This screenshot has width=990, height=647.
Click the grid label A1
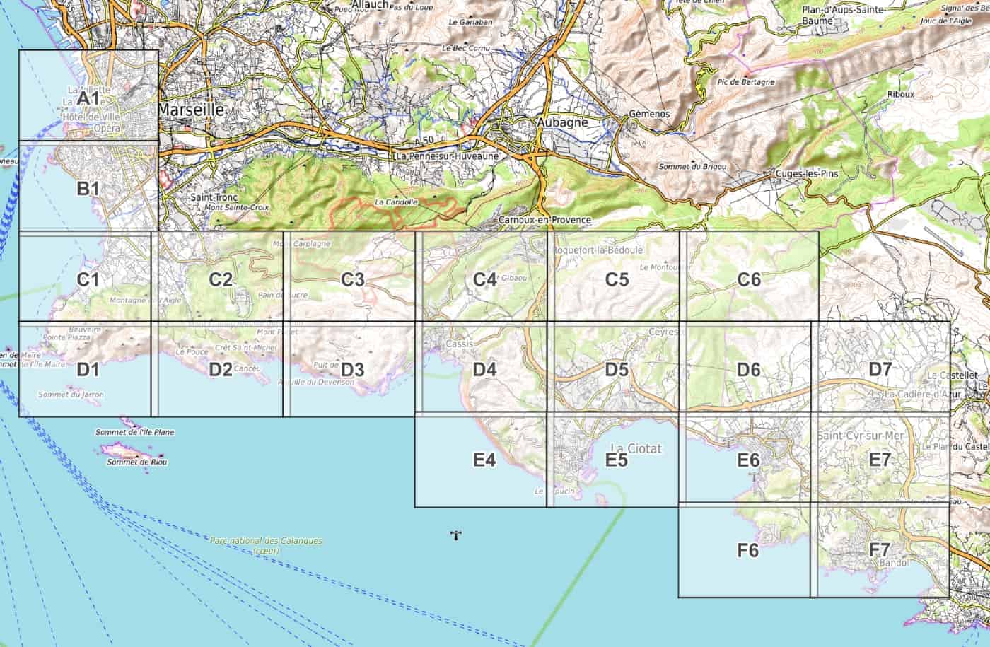pyautogui.click(x=88, y=97)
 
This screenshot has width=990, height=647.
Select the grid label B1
pyautogui.click(x=88, y=189)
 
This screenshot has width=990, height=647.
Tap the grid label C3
pyautogui.click(x=352, y=279)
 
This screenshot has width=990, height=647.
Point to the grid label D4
pyautogui.click(x=484, y=369)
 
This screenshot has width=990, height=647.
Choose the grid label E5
pyautogui.click(x=617, y=460)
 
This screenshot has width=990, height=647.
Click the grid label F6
pyautogui.click(x=748, y=549)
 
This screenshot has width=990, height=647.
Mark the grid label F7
pyautogui.click(x=880, y=549)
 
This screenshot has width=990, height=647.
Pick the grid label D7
pyautogui.click(x=880, y=369)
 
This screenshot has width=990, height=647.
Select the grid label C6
pyautogui.click(x=748, y=279)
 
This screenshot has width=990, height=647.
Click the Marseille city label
pyautogui.click(x=191, y=110)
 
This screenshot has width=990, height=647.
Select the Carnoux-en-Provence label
pyautogui.click(x=544, y=220)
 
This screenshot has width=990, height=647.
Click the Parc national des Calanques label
pyautogui.click(x=266, y=541)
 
